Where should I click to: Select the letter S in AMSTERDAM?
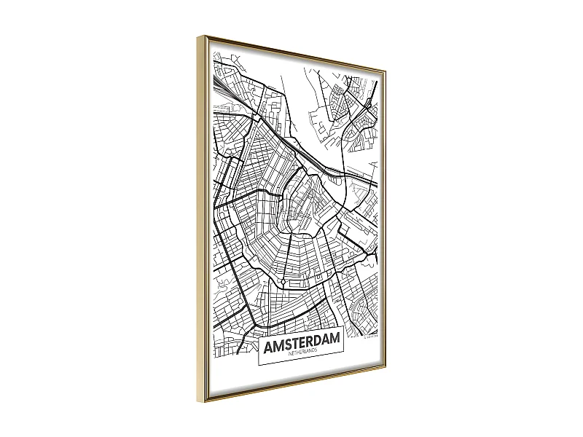click(x=286, y=342)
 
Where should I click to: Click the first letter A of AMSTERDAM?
click(x=267, y=343)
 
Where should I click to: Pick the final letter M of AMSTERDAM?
click(x=334, y=340)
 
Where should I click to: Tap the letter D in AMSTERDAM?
click(x=315, y=342)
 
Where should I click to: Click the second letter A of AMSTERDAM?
click(x=324, y=341)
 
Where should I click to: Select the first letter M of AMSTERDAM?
click(x=277, y=343)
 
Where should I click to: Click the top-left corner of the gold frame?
click(x=198, y=36)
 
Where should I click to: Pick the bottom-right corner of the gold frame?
click(x=385, y=372)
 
